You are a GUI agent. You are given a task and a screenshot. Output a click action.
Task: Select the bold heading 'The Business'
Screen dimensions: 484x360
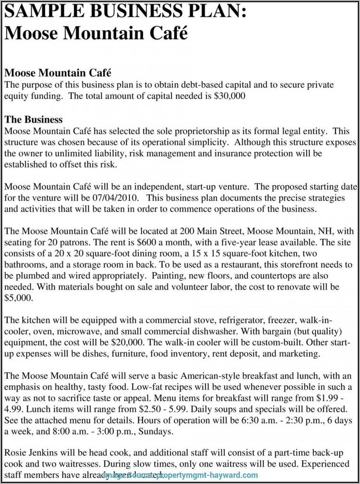pos(33,119)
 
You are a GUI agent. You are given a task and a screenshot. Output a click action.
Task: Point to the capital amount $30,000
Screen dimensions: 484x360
pos(229,96)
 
